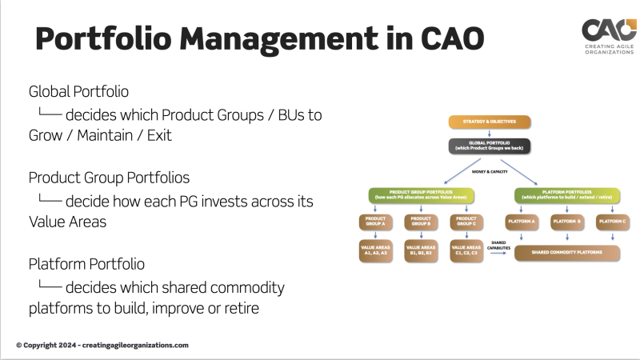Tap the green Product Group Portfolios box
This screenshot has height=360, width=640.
pyautogui.click(x=421, y=194)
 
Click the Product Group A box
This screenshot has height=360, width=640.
pyautogui.click(x=376, y=221)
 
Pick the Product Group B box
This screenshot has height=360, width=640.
pyautogui.click(x=421, y=221)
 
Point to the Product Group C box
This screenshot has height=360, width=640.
pyautogui.click(x=466, y=221)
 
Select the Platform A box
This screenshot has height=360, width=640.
pyautogui.click(x=521, y=220)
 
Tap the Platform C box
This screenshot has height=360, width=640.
pyautogui.click(x=612, y=220)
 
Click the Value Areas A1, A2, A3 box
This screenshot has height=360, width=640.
pyautogui.click(x=376, y=251)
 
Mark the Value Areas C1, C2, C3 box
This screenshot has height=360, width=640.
pyautogui.click(x=466, y=251)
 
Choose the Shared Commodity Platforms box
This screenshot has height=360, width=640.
pyautogui.click(x=567, y=253)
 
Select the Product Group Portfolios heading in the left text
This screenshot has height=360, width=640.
pyautogui.click(x=109, y=177)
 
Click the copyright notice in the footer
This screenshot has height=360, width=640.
pyautogui.click(x=102, y=345)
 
